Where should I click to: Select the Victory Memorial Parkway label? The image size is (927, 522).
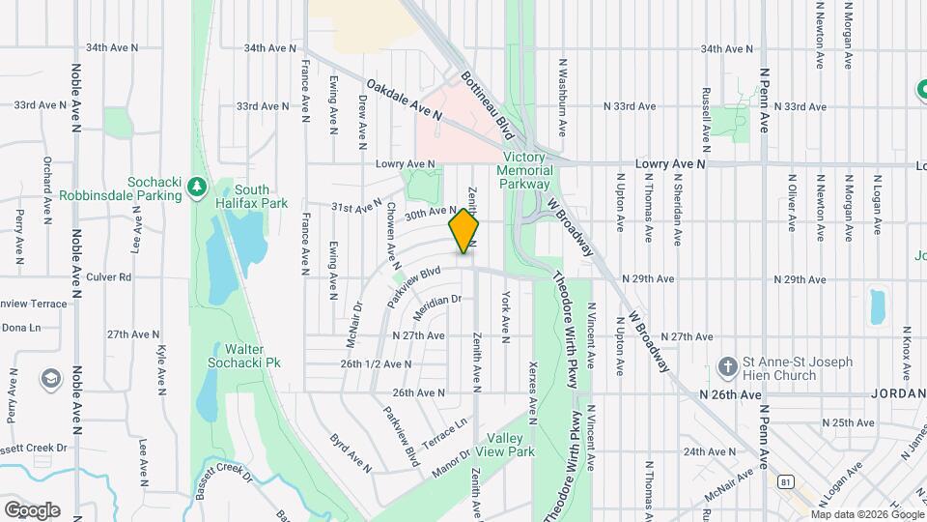point(525,171)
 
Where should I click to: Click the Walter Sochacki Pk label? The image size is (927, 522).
point(245,356)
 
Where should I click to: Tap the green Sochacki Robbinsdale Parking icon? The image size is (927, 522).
point(197,184)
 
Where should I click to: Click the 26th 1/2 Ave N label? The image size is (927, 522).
point(377,364)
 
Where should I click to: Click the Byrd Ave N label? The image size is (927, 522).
point(350,451)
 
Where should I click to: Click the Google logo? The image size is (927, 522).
point(32,509)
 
